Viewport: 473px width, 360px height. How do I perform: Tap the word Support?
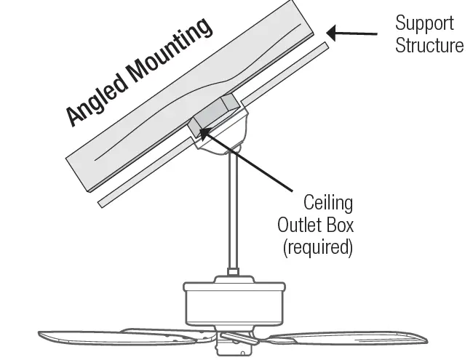point(424,23)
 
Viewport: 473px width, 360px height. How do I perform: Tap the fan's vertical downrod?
point(234,211)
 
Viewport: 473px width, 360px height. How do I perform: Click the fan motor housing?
point(232,302)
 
